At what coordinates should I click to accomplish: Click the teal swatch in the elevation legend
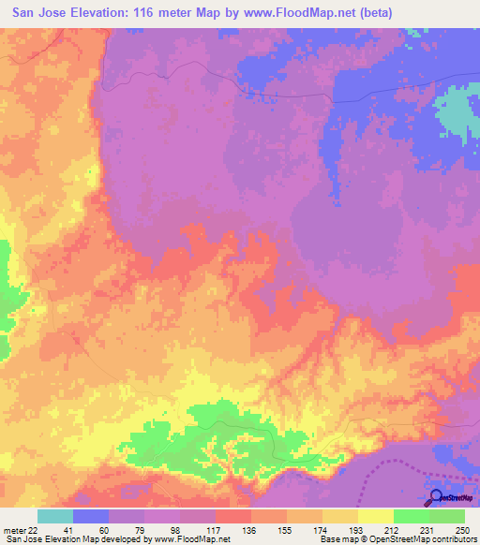coord(55,516)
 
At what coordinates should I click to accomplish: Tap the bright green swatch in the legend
coord(412,516)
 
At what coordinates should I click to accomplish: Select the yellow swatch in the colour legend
coord(376,516)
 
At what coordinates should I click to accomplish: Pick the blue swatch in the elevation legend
coord(91,516)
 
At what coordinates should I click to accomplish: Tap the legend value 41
coord(54,529)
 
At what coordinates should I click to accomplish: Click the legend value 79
coord(126,529)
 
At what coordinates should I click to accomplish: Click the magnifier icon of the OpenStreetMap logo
coord(435,498)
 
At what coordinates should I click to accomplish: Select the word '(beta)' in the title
coord(370,12)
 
